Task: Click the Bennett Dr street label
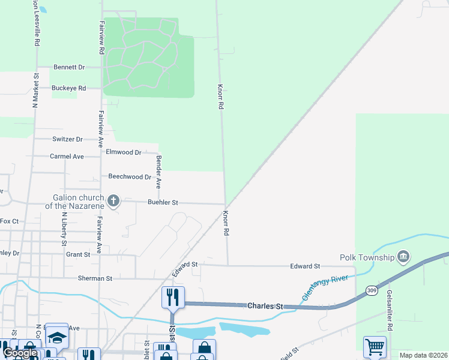tap(69, 67)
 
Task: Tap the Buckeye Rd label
tap(68, 88)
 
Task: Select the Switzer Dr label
tap(67, 139)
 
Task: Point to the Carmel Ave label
tap(67, 156)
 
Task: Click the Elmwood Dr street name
tap(123, 152)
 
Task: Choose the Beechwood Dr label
tap(130, 177)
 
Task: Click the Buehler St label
tap(163, 203)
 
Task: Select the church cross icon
tap(113, 200)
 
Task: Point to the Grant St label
tap(78, 254)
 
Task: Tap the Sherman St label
tap(95, 278)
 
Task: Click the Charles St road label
tap(265, 306)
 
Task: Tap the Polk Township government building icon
tap(403, 257)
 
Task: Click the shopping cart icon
tap(375, 346)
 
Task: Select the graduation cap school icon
tap(56, 336)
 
